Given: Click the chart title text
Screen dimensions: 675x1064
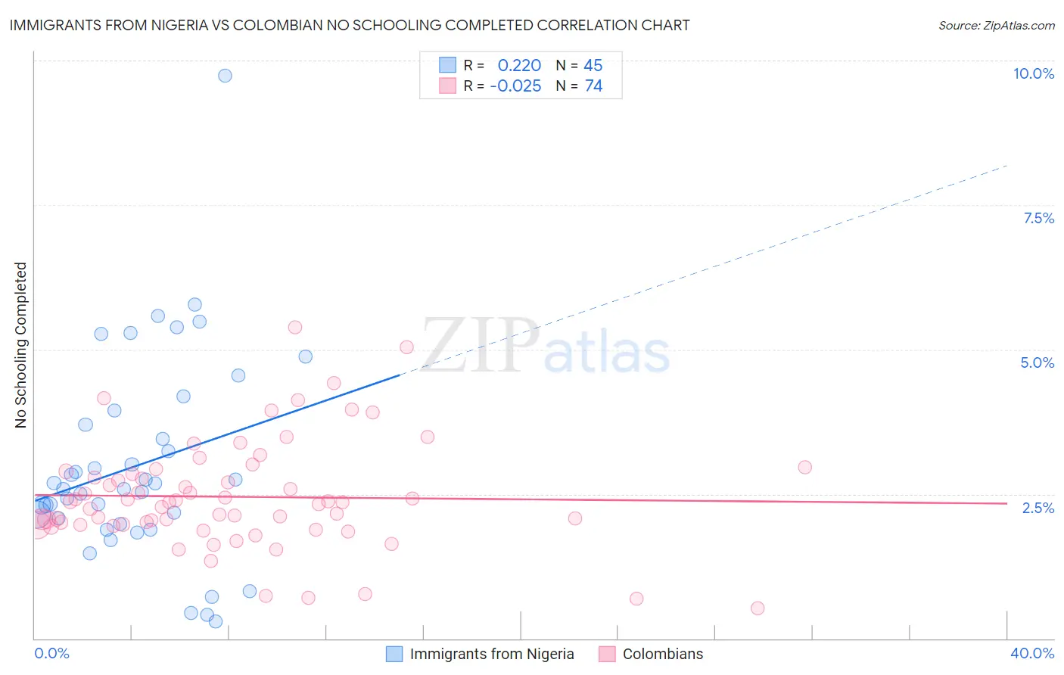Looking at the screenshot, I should (x=350, y=25).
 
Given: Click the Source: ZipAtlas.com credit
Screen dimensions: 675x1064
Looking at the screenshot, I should (x=996, y=25).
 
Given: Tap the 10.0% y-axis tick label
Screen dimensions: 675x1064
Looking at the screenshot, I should (x=1033, y=73).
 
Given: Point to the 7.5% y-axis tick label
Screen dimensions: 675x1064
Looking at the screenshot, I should (x=1038, y=218).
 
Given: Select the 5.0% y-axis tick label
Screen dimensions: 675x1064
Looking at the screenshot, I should (x=1037, y=362).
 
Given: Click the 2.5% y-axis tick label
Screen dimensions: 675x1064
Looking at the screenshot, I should (x=1038, y=508).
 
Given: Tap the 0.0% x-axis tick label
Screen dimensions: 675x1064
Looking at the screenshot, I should (x=51, y=653).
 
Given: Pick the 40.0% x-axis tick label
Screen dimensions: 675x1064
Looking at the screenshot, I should (x=1031, y=653).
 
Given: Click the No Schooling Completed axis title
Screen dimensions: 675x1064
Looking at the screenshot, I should (x=21, y=345).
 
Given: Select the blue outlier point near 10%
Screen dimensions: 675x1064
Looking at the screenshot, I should (x=225, y=76).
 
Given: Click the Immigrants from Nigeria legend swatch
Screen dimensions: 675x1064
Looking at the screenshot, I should (x=394, y=654).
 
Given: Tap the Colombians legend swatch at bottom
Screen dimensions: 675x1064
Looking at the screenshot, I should (x=607, y=654).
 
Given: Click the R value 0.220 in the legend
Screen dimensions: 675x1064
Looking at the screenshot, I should (x=519, y=66).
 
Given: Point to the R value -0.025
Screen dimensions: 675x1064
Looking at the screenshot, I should (x=515, y=86).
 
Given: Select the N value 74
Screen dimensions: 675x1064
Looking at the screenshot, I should (x=593, y=86).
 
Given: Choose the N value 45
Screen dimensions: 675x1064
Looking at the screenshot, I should (x=593, y=66).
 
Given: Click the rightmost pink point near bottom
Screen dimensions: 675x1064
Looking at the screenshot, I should (x=758, y=608).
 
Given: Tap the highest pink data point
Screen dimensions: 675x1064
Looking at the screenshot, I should (x=295, y=327).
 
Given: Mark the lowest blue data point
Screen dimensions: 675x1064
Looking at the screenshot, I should (x=216, y=621).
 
